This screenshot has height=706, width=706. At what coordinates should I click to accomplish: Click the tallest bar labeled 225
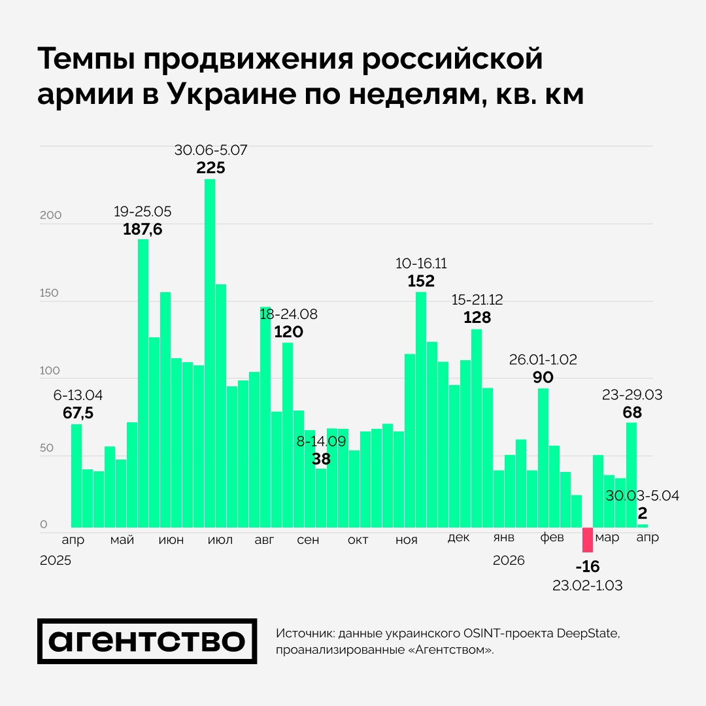(210, 353)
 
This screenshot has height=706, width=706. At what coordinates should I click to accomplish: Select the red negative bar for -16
(588, 540)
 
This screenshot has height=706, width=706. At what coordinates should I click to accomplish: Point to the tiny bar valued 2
(643, 526)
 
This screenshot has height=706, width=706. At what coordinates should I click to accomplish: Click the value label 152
(421, 281)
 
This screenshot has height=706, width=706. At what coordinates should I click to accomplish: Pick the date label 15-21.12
(477, 300)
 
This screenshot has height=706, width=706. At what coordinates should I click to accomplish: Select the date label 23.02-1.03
(587, 585)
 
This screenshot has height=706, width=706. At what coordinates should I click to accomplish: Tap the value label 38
(321, 459)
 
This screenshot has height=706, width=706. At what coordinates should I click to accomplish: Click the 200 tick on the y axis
(50, 216)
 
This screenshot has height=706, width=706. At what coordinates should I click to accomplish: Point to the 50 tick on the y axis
(47, 448)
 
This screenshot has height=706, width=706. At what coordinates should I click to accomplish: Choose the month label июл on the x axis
(220, 540)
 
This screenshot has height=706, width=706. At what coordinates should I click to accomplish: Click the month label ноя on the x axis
(407, 540)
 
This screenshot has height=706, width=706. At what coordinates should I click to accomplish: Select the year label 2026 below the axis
(509, 561)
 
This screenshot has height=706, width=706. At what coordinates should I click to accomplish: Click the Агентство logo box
(146, 641)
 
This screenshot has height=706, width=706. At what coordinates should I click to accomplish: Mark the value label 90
(543, 377)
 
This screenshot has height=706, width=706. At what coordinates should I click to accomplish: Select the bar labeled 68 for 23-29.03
(631, 475)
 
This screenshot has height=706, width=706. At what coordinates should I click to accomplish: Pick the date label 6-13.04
(78, 395)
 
